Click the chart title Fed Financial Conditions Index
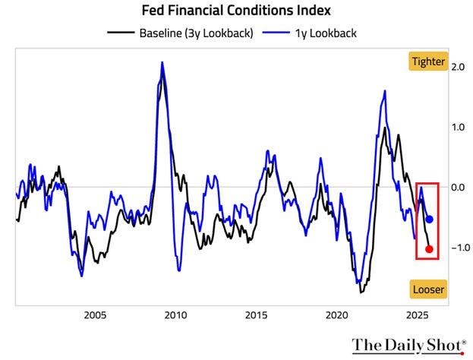pyautogui.click(x=237, y=12)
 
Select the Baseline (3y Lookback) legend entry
pyautogui.click(x=185, y=33)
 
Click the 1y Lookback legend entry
pyautogui.click(x=320, y=33)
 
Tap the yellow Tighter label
pyautogui.click(x=427, y=62)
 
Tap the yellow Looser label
pyautogui.click(x=427, y=289)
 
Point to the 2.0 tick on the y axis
pyautogui.click(x=459, y=67)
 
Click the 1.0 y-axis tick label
pyautogui.click(x=459, y=127)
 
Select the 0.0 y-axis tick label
pyautogui.click(x=459, y=187)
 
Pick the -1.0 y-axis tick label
pyautogui.click(x=456, y=247)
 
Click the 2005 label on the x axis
pyautogui.click(x=95, y=314)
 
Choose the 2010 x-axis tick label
pyautogui.click(x=175, y=314)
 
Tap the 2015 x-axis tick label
pyautogui.click(x=256, y=314)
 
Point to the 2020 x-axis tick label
pyautogui.click(x=336, y=314)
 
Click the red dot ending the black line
pyautogui.click(x=430, y=248)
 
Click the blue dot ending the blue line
pyautogui.click(x=430, y=219)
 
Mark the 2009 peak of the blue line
pyautogui.click(x=162, y=63)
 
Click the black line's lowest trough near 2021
pyautogui.click(x=361, y=292)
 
